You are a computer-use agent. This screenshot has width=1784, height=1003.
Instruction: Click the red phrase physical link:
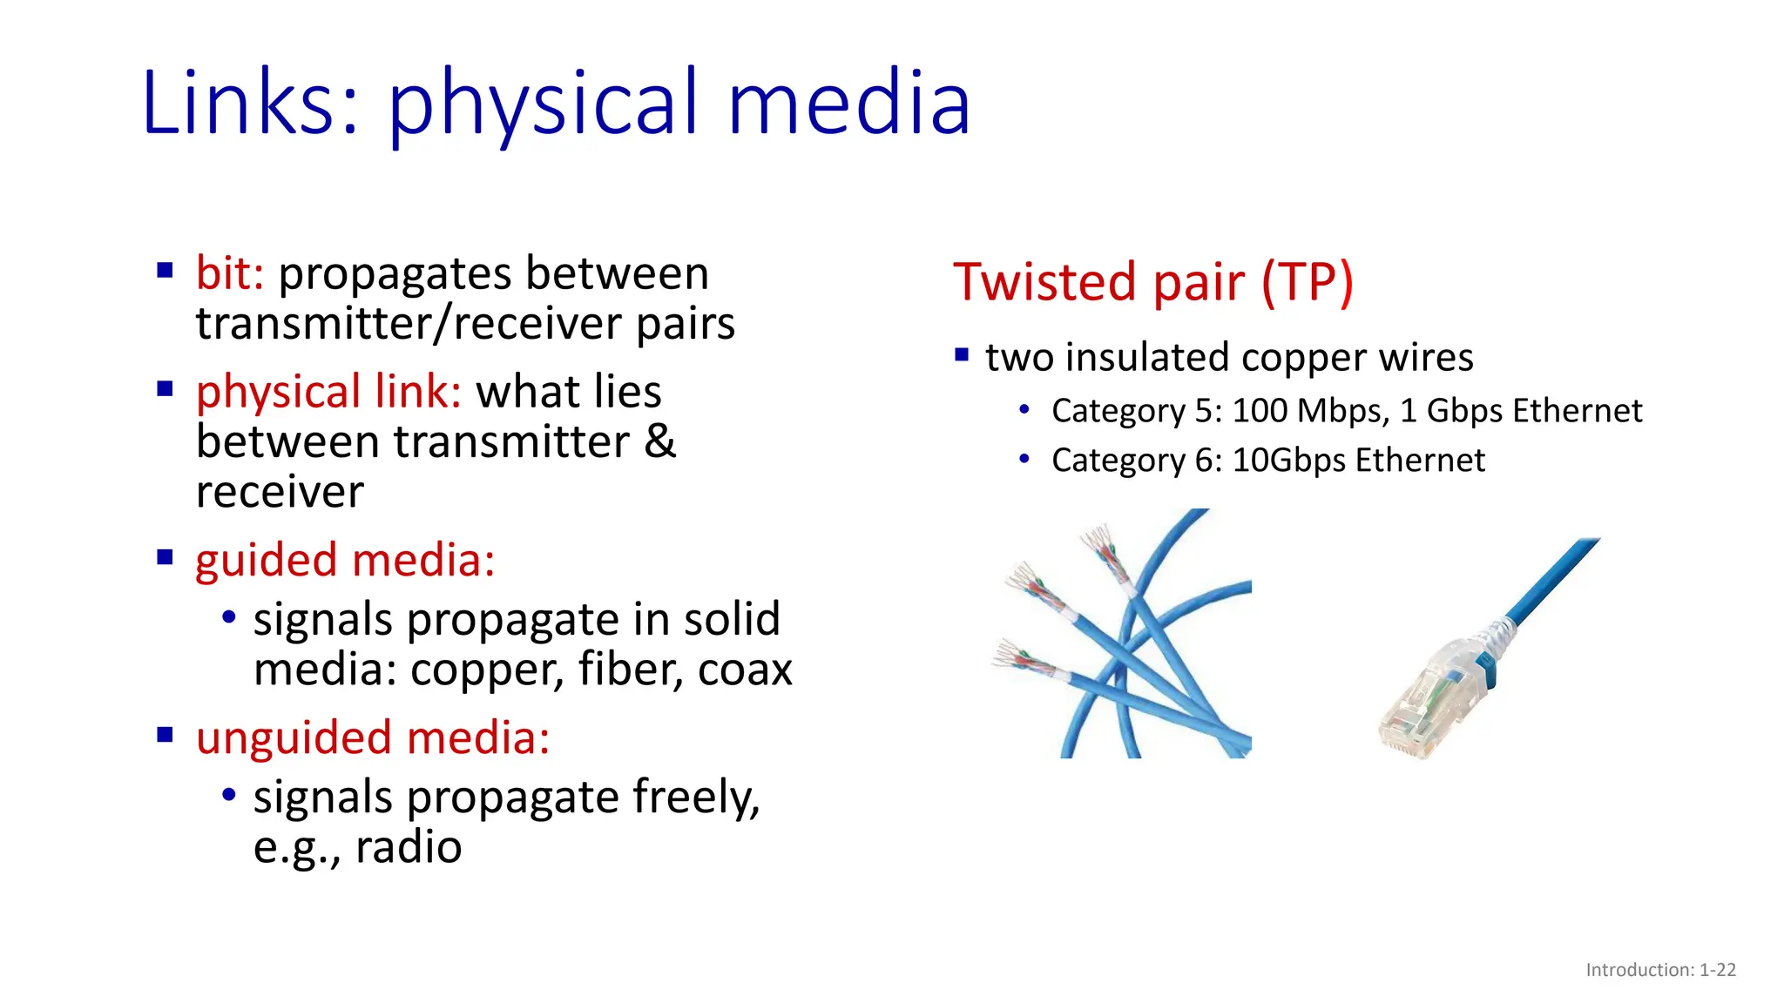tap(328, 391)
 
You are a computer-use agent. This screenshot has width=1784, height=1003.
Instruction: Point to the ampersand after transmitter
tap(659, 441)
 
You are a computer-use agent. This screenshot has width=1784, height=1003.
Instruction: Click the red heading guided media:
tap(345, 560)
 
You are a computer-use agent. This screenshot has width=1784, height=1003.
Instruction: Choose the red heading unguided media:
tap(373, 737)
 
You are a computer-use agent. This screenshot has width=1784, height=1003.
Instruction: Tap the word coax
tap(745, 670)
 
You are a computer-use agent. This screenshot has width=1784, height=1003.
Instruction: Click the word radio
tap(409, 846)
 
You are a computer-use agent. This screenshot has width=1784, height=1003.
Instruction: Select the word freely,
tap(696, 797)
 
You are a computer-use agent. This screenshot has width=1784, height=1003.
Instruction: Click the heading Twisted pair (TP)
tap(1153, 282)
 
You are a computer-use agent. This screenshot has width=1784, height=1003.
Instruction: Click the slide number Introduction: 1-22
tap(1660, 970)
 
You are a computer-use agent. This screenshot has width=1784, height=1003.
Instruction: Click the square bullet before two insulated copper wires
tap(962, 355)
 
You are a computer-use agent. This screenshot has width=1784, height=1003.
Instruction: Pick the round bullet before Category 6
tap(1024, 459)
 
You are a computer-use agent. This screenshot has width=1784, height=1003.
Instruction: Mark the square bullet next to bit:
tap(165, 270)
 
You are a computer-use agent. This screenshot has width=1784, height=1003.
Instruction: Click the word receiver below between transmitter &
tap(280, 492)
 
